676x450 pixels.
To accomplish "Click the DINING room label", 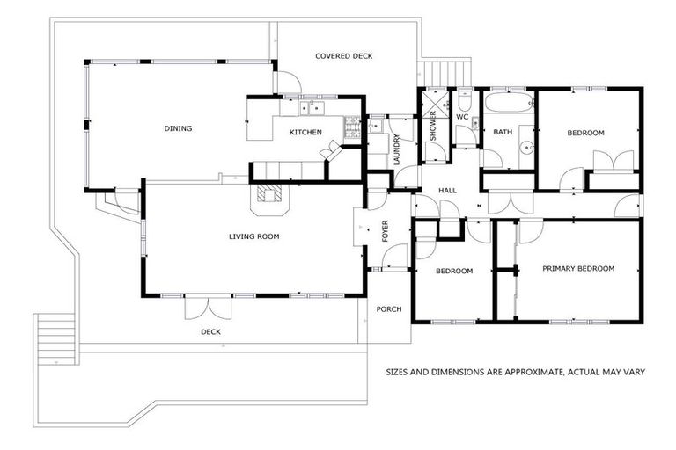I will (x=178, y=129).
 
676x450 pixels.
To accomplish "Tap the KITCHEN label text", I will (x=305, y=133).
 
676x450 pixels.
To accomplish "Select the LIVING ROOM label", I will (x=253, y=236).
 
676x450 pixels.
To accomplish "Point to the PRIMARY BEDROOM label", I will (x=577, y=268).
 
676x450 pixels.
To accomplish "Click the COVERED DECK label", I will (x=344, y=56).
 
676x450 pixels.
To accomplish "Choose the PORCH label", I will (x=388, y=308).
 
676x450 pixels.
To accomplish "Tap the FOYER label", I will (x=385, y=232).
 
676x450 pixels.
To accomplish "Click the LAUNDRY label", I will (x=397, y=149).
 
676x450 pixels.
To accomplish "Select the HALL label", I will (x=448, y=191).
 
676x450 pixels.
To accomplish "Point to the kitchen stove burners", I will (x=353, y=129).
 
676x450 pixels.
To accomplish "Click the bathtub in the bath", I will (x=509, y=106).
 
